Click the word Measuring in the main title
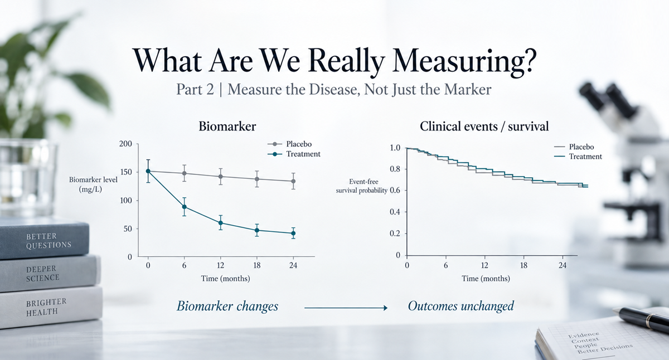[464, 61]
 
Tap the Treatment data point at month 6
[185, 207]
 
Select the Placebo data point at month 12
[220, 177]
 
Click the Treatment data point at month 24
[293, 233]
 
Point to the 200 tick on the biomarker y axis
[125, 144]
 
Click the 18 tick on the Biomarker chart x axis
[257, 265]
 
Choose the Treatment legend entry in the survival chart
[578, 157]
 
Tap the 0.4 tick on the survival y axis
[395, 212]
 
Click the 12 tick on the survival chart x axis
[484, 265]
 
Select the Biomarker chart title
[227, 127]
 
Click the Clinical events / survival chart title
[484, 127]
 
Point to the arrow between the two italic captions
[346, 308]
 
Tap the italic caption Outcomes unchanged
[461, 306]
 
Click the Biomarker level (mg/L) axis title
[93, 184]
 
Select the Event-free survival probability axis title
[361, 186]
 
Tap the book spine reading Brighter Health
[51, 308]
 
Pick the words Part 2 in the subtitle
[195, 89]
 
